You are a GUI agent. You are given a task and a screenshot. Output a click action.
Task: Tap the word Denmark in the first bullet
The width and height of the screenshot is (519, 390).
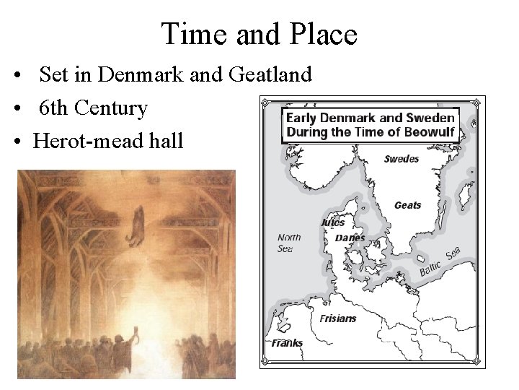point(134,74)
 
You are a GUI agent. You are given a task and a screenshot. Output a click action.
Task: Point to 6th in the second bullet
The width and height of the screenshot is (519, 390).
point(54,108)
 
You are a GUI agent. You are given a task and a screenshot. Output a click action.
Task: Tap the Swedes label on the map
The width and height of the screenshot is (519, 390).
point(401,159)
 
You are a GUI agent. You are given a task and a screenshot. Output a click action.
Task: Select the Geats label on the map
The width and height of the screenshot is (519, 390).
point(407,206)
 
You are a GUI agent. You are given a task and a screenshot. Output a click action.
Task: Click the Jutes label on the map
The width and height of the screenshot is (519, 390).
point(332,223)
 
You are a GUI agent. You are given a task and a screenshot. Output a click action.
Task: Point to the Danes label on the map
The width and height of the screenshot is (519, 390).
point(350,238)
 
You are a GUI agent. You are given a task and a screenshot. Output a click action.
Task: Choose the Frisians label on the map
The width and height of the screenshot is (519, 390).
point(339,318)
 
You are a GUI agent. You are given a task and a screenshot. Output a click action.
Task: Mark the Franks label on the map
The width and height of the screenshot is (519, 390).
point(287,343)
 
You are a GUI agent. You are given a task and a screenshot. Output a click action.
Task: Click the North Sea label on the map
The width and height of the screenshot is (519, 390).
point(289,243)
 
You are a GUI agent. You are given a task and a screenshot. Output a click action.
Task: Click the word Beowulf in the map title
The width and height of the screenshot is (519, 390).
point(431,132)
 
